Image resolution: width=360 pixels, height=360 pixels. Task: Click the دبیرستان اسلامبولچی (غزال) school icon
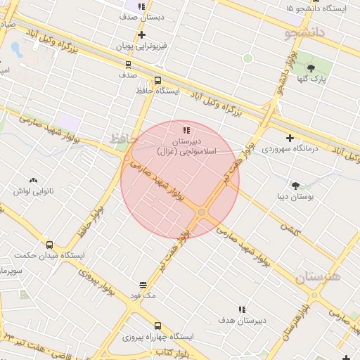click(x=186, y=130)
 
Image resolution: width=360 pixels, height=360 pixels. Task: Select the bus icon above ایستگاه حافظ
click(x=157, y=80)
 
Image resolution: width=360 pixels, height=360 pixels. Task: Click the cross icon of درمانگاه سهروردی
click(x=290, y=138)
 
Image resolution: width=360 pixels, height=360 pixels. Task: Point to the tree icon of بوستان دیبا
click(x=295, y=186)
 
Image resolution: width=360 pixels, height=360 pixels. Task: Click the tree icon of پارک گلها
click(x=311, y=69)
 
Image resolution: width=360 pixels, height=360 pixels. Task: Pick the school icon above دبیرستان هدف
click(x=242, y=309)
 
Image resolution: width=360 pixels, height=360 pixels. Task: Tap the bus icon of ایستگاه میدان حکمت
click(x=49, y=245)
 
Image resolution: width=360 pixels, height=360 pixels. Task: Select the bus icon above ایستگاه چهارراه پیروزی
click(x=157, y=326)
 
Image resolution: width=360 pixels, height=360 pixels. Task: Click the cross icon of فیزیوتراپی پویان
click(x=142, y=34)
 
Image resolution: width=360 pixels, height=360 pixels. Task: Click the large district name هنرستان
click(x=318, y=277)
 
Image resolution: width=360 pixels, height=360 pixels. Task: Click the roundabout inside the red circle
click(x=202, y=212)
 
